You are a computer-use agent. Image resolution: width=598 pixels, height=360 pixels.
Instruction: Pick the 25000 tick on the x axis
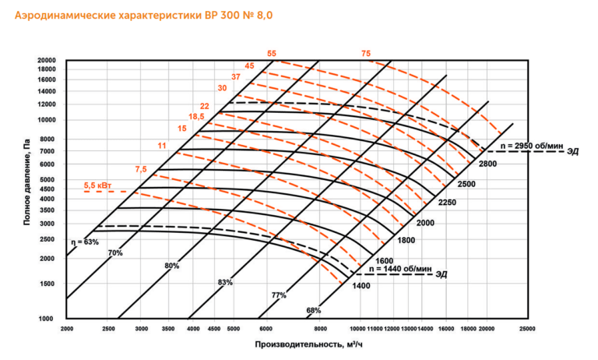tap(527, 330)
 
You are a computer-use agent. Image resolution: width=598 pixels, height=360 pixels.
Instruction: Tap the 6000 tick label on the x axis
tap(265, 330)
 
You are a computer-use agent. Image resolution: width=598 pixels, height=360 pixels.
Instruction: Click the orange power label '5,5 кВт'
tap(98, 185)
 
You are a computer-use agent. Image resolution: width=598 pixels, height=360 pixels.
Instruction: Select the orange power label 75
tap(366, 53)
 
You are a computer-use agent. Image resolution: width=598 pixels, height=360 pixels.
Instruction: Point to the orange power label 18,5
tap(196, 116)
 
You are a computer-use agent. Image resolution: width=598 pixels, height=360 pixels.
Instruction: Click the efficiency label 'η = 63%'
tap(85, 242)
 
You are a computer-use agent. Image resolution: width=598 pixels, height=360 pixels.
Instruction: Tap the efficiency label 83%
tap(225, 281)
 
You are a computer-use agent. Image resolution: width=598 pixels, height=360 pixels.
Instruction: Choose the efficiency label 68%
tap(313, 311)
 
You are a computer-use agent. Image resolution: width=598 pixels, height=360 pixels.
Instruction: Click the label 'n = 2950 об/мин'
tap(530, 145)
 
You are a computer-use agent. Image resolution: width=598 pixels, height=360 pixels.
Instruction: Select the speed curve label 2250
tap(446, 203)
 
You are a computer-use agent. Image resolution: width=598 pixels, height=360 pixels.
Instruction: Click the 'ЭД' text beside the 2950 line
tap(572, 150)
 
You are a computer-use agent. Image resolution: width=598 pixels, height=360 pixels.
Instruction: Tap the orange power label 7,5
tap(140, 168)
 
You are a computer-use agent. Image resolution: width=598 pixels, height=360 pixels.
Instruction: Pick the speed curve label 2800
tap(487, 164)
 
